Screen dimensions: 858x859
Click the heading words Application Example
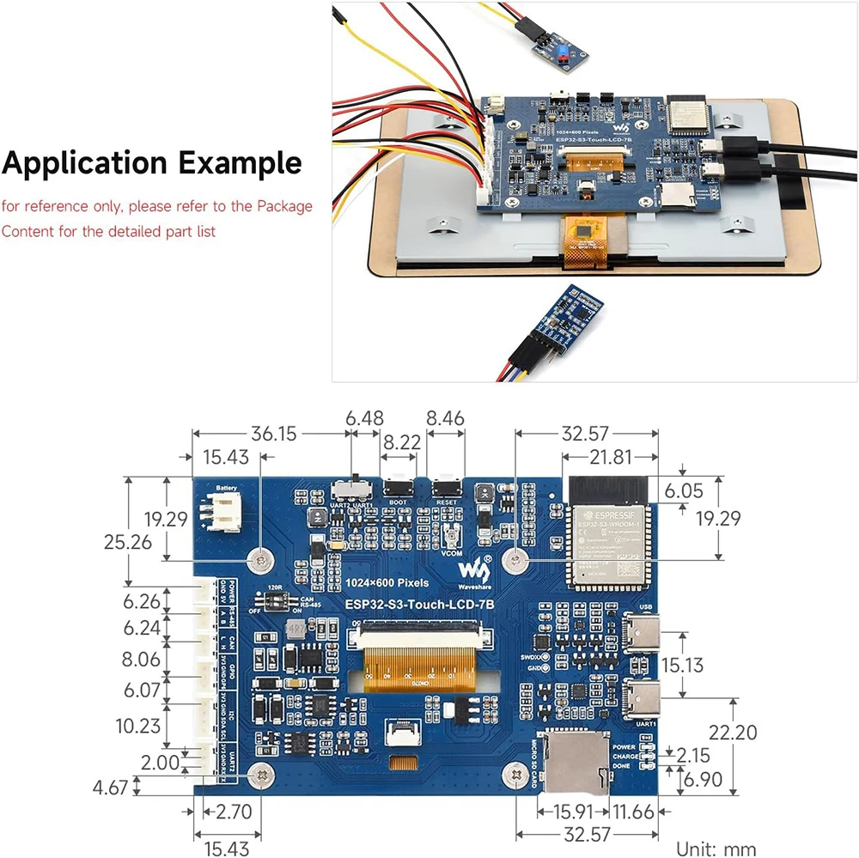[x=152, y=162]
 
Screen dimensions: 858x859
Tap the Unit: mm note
[x=716, y=848]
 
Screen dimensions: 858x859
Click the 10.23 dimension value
[x=137, y=726]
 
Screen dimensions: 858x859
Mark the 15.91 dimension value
[x=572, y=810]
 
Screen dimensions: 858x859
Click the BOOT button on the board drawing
[x=398, y=483]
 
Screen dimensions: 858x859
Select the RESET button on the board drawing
[x=446, y=483]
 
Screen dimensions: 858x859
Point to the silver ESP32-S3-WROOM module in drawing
[x=608, y=537]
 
